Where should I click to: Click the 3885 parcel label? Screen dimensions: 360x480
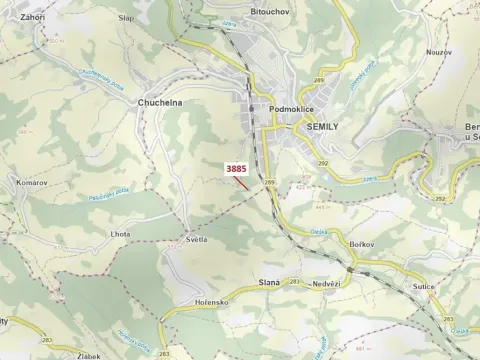pos(236,169)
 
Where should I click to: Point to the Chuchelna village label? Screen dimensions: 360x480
pos(159,102)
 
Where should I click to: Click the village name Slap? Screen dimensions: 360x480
pos(125,18)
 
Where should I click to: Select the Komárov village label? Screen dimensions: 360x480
pos(32,183)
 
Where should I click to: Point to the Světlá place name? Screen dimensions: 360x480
pos(196,241)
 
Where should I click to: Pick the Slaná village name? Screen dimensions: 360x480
pos(267,284)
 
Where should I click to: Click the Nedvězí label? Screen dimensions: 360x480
pos(326,284)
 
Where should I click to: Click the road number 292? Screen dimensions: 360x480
pos(322,163)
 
